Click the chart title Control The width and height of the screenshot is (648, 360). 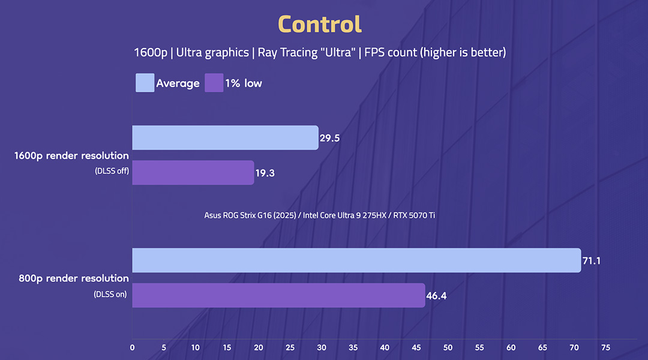coord(320,25)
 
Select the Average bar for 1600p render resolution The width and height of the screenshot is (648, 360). coord(225,137)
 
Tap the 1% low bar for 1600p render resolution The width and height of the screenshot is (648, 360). coord(193,172)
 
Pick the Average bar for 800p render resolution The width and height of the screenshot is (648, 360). coord(356,260)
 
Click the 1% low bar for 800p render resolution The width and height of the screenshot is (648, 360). coord(278,295)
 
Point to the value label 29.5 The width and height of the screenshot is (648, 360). coord(330,138)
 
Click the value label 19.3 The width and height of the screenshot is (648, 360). coord(266,173)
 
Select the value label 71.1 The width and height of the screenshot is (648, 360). coord(593,261)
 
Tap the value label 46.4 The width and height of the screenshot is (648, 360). coord(437,296)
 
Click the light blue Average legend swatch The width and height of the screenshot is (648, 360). coord(145,83)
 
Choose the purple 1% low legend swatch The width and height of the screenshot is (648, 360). coord(214,83)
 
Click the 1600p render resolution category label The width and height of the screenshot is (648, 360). coord(71,156)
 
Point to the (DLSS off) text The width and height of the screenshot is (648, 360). coord(112,171)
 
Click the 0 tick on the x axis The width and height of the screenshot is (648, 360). coord(132,347)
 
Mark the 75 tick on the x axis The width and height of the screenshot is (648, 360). coord(605,347)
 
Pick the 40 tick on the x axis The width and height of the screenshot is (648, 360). coord(385,347)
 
